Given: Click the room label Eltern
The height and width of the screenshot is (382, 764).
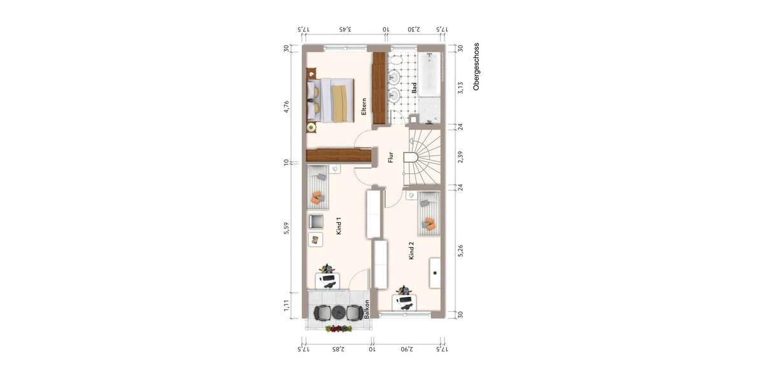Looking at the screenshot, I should point(364,106).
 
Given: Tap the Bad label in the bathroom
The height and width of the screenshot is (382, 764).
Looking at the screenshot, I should point(414,88).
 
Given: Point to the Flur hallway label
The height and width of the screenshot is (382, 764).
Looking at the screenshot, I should point(390,156).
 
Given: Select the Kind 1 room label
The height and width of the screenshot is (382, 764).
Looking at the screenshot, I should point(339,227).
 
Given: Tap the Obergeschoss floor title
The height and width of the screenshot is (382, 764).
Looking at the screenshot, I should point(476,67).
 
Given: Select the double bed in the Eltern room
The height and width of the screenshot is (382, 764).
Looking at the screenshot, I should point(332,100).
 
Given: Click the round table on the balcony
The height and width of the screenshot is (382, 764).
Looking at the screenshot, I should point(338,312).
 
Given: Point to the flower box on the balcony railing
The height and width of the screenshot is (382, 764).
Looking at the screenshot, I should point(339,329).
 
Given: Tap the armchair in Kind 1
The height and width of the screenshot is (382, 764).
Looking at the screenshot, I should point(316,221).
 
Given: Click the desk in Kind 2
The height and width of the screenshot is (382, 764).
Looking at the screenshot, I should point(404,300).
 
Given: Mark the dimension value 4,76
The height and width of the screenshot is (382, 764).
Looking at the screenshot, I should point(287,107).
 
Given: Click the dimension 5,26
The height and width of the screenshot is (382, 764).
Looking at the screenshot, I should point(460,251).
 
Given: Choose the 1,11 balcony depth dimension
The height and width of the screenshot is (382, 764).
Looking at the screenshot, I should point(287,306).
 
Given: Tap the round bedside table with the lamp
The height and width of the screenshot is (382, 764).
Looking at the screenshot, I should point(311,127).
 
